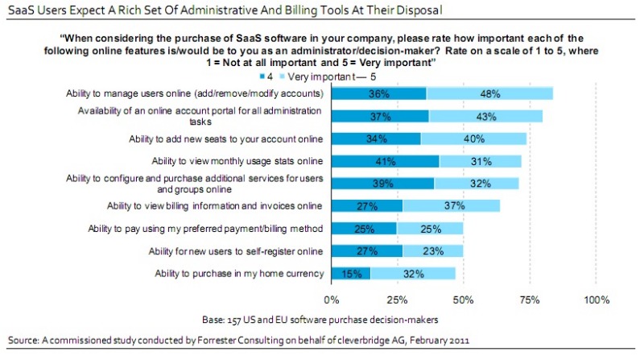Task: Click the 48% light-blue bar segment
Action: (489, 93)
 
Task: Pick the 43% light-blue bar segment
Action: (485, 116)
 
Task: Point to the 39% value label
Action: (382, 184)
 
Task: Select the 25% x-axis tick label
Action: (397, 300)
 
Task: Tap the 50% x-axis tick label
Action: (464, 300)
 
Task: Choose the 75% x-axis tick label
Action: (530, 300)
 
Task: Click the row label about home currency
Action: (240, 274)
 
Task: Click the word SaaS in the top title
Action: (22, 10)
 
